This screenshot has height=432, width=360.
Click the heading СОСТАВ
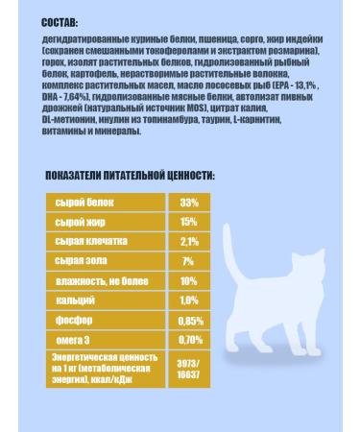[x=61, y=21]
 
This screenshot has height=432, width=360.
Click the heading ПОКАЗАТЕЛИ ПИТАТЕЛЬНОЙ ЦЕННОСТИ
[x=131, y=177]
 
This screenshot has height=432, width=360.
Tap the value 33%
[x=189, y=202]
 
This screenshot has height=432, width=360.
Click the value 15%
[x=189, y=222]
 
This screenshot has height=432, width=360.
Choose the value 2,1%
[x=189, y=241]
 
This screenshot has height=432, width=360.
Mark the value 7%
[x=189, y=261]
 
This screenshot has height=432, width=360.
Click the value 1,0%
[x=189, y=300]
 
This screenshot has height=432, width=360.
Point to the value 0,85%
[x=189, y=320]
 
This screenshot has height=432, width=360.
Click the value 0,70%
[x=189, y=339]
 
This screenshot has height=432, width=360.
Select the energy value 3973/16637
[x=189, y=366]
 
